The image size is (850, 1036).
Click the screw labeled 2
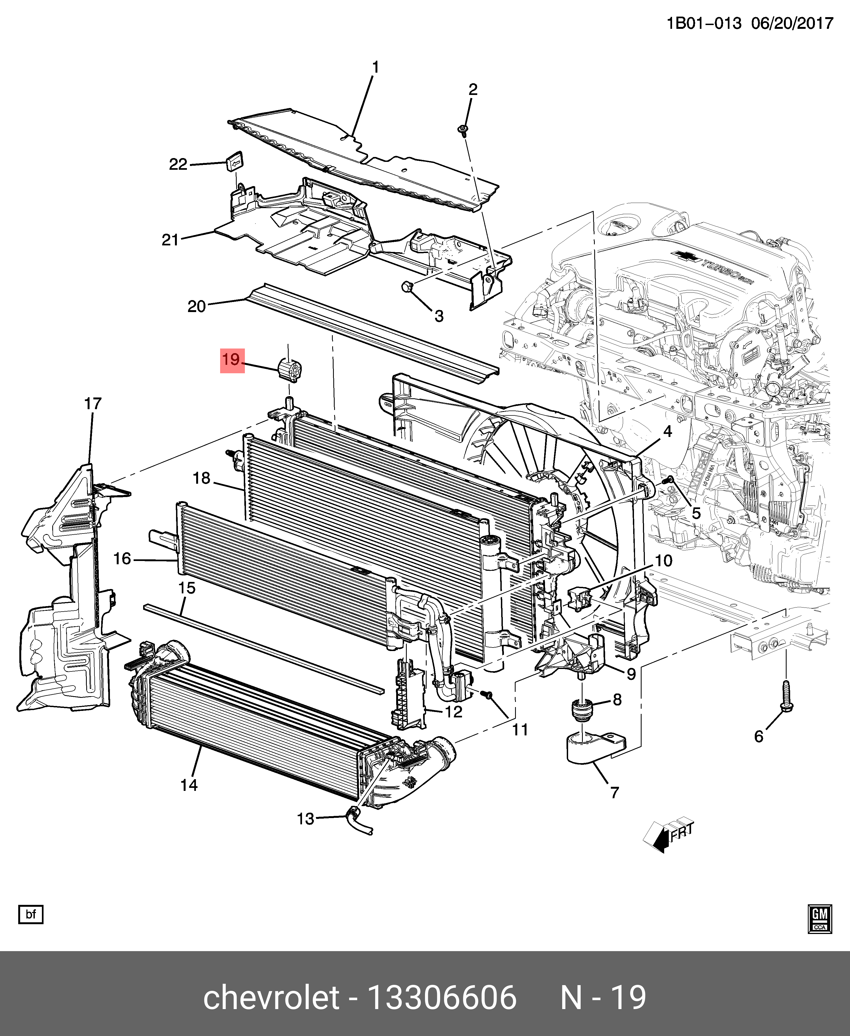462,130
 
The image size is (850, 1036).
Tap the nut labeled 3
407,287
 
